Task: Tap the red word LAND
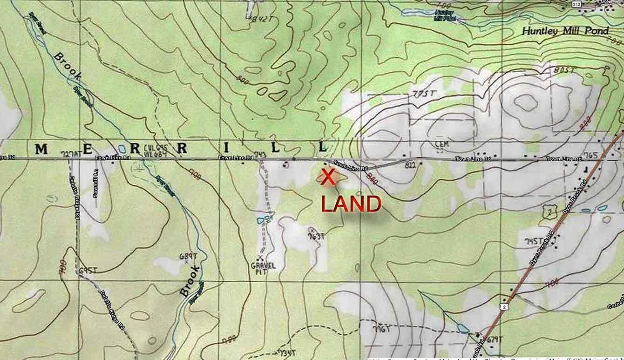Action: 351,204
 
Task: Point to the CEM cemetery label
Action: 441,145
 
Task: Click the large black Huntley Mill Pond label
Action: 565,31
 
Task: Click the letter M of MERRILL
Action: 41,149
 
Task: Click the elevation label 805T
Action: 565,69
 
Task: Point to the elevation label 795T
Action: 423,94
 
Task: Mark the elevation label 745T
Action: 534,241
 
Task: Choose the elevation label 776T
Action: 381,330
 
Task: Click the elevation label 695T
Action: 88,270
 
